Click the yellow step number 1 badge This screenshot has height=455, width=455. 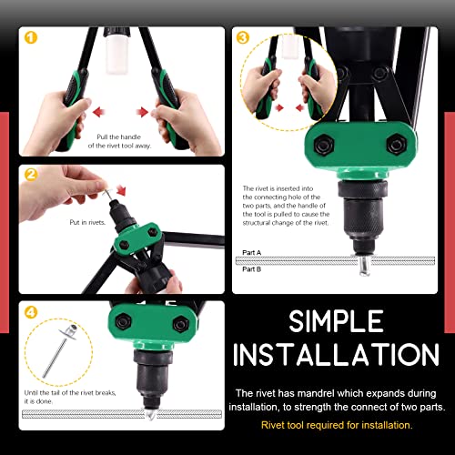pyautogui.click(x=31, y=37)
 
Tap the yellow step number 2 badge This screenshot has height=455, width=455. pyautogui.click(x=31, y=175)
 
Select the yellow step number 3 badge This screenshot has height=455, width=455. pyautogui.click(x=243, y=37)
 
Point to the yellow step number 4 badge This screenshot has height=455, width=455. pyautogui.click(x=31, y=312)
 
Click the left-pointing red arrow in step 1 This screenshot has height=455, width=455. pyautogui.click(x=99, y=112)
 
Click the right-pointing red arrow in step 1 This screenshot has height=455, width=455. pyautogui.click(x=142, y=112)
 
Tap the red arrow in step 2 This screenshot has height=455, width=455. pyautogui.click(x=121, y=190)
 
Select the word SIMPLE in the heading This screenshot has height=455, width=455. pyautogui.click(x=336, y=321)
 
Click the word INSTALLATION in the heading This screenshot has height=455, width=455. pyautogui.click(x=336, y=354)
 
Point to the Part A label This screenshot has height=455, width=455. pyautogui.click(x=252, y=252)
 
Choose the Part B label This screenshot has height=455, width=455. pyautogui.click(x=252, y=269)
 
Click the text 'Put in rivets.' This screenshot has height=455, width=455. pyautogui.click(x=87, y=222)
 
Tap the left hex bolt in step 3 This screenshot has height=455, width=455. pyautogui.click(x=324, y=144)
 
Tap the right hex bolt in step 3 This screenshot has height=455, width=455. pyautogui.click(x=397, y=144)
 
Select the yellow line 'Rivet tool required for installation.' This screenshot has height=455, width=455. pyautogui.click(x=337, y=425)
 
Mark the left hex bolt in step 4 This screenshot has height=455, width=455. pyautogui.click(x=123, y=321)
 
